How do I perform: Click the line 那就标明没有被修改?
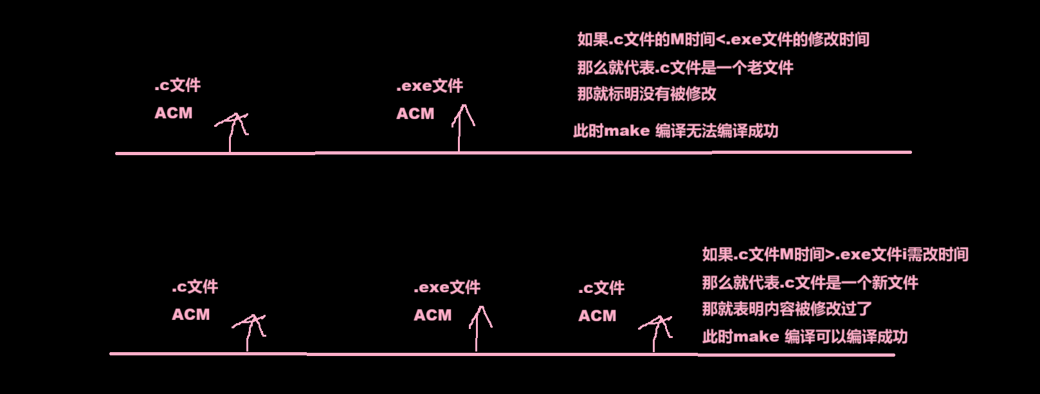tap(646, 95)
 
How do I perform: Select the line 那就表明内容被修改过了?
tap(787, 309)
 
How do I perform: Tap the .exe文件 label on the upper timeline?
tap(430, 86)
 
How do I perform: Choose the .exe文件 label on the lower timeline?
tap(447, 288)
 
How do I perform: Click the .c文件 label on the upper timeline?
tap(178, 86)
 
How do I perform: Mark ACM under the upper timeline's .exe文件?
tap(415, 114)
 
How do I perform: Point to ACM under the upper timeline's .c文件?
tap(173, 113)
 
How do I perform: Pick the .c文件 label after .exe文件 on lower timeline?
tap(601, 288)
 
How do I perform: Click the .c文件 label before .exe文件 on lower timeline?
tap(195, 287)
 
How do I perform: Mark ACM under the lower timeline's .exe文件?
tap(432, 315)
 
